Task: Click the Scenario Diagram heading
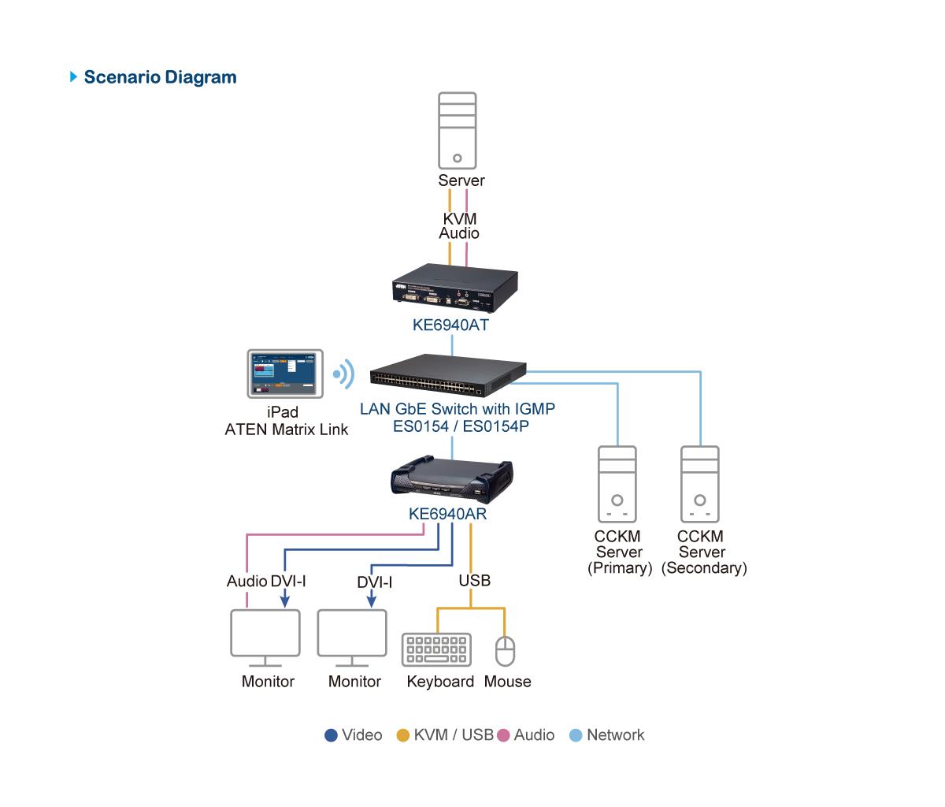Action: pos(160,77)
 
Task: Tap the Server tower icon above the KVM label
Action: pos(458,131)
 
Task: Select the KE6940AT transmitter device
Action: pos(455,288)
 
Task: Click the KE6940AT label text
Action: pos(450,325)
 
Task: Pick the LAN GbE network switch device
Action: pos(448,374)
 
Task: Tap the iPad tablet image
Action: pos(285,374)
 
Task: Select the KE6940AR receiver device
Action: pos(452,479)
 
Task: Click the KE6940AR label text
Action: pos(447,514)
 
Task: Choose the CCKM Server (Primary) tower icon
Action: pos(617,484)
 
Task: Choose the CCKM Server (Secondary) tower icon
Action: pos(700,484)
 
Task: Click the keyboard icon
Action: pos(436,649)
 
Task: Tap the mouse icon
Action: pos(506,650)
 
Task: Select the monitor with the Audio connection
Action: pos(265,638)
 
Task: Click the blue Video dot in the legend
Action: pos(331,735)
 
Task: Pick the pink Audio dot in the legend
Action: pos(503,735)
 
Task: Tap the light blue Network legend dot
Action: pos(576,735)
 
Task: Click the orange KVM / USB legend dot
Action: pos(402,735)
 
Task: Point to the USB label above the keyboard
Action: pos(475,581)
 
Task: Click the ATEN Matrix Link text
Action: pos(286,430)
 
